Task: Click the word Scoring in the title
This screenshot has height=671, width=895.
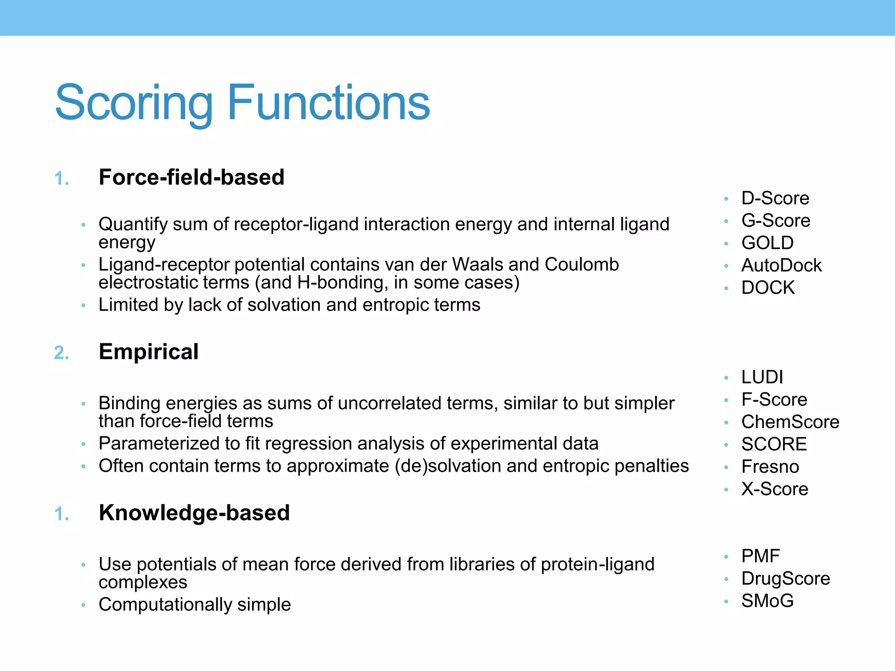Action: tap(134, 103)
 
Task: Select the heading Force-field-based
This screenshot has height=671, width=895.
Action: tap(191, 177)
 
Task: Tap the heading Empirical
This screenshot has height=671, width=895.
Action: tap(149, 352)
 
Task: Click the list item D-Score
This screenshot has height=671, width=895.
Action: tap(775, 198)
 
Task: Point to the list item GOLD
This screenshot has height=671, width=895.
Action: tap(767, 243)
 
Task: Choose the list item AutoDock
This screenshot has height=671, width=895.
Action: tap(781, 265)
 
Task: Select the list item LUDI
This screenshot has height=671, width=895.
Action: tap(762, 377)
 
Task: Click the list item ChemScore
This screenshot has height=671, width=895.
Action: tap(790, 422)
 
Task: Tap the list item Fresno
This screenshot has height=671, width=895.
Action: tap(770, 467)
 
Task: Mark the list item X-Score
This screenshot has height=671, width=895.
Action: tap(774, 489)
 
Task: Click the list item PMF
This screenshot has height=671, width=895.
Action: tap(760, 556)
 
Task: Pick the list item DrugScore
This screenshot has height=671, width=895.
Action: tap(785, 578)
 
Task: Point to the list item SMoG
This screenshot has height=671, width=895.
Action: tap(767, 601)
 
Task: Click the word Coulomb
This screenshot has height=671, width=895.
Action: tap(581, 265)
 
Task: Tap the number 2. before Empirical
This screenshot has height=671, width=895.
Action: tap(62, 353)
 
